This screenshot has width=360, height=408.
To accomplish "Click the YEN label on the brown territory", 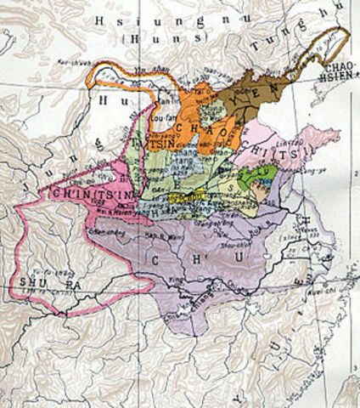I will click(x=237, y=99).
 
